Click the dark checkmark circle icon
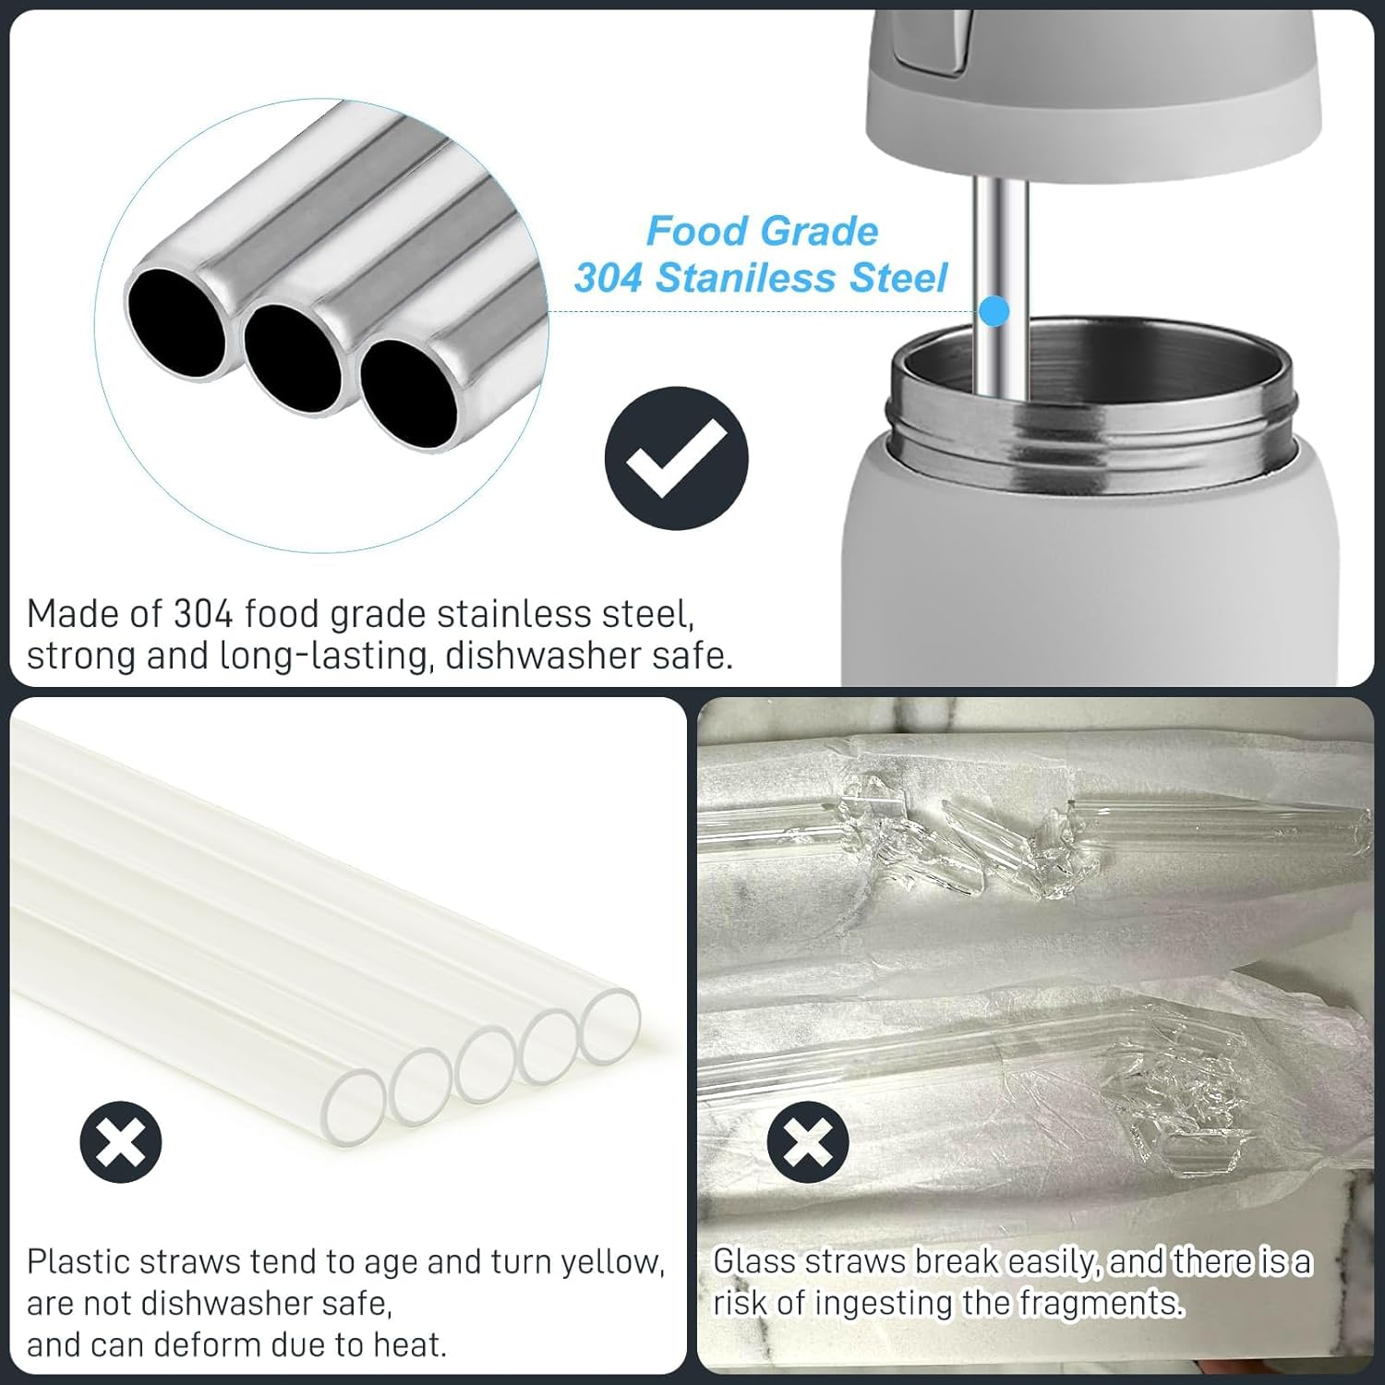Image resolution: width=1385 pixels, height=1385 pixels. [676, 458]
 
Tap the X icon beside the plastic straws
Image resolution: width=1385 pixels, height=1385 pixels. [121, 1141]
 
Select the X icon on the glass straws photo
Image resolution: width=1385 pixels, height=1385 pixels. [808, 1141]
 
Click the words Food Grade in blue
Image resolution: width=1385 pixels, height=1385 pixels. [762, 231]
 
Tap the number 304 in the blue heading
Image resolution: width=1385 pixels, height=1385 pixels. [608, 278]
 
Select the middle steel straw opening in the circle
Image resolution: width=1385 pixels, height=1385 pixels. [292, 356]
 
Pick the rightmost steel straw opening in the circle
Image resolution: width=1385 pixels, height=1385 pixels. [409, 394]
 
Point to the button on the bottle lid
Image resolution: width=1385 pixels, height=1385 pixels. [933, 42]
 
